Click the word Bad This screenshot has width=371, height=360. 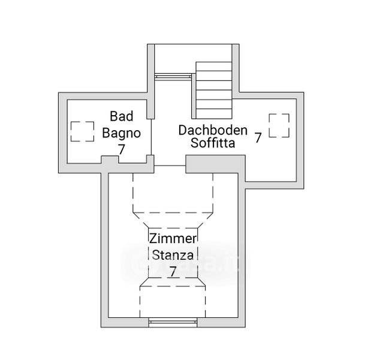tap(122, 116)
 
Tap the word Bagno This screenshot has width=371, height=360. tap(122, 133)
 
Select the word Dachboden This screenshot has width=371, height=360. tap(213, 130)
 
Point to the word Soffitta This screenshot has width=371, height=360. tap(213, 143)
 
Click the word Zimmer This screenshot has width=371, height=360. tap(173, 238)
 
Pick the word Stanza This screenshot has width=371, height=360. tap(173, 255)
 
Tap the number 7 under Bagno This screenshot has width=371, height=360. tap(122, 149)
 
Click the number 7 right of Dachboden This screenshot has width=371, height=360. tap(258, 137)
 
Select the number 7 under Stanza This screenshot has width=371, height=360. tap(173, 271)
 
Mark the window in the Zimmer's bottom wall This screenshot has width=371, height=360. tap(173, 322)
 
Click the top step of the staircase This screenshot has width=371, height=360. tap(214, 67)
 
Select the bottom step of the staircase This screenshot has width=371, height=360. tap(214, 113)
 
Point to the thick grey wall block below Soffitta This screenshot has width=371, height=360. tap(215, 164)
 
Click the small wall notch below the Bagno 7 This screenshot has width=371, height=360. tap(110, 160)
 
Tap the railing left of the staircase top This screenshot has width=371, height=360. tap(173, 76)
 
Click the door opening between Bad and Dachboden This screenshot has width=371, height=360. tap(152, 137)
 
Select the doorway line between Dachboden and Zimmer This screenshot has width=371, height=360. tap(170, 166)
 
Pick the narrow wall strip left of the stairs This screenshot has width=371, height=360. tap(194, 96)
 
